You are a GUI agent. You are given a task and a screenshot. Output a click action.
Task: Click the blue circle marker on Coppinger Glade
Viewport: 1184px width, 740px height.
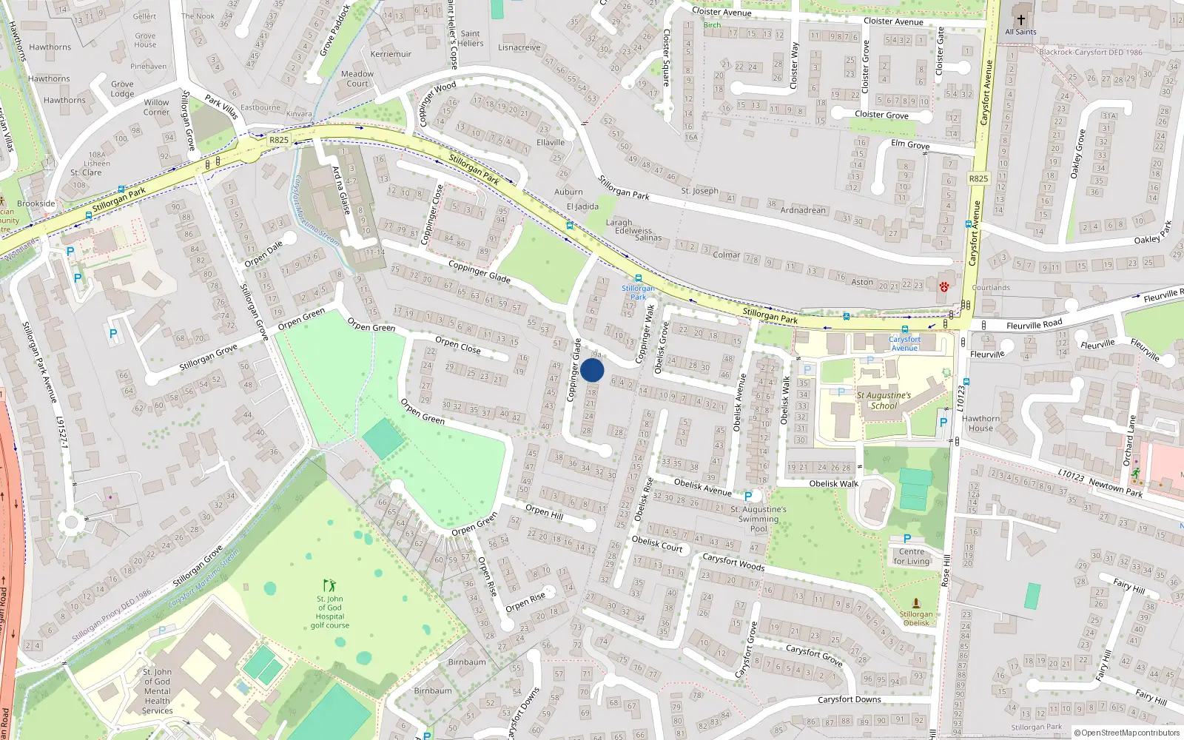click(x=592, y=370)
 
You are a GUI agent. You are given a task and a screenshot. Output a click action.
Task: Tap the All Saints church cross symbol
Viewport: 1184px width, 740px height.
click(x=1020, y=20)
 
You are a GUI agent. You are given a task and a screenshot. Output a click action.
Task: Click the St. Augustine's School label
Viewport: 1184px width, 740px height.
click(x=884, y=400)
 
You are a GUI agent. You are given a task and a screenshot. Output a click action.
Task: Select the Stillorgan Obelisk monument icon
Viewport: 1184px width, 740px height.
click(x=916, y=603)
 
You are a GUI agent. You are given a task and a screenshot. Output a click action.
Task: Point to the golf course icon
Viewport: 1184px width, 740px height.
click(x=329, y=585)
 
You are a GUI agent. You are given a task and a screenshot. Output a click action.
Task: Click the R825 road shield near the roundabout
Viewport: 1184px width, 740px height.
click(x=279, y=140)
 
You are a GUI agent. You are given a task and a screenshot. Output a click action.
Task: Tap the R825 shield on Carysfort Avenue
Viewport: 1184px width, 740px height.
click(x=978, y=178)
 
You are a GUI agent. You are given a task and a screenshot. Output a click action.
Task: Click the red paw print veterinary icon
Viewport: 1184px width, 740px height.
click(x=943, y=286)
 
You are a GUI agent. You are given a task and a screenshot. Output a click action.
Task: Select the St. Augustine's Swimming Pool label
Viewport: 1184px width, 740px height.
click(x=758, y=519)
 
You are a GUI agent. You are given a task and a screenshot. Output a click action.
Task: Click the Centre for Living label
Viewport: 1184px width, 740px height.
click(x=912, y=556)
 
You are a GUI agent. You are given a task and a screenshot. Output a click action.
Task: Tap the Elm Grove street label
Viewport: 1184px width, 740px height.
click(x=910, y=144)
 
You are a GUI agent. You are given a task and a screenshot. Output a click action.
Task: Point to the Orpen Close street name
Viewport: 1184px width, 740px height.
click(x=457, y=345)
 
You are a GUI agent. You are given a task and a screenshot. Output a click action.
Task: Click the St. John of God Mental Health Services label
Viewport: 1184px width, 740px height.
click(x=157, y=691)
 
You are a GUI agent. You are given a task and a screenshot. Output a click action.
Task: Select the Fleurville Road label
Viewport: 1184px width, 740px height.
click(x=1034, y=325)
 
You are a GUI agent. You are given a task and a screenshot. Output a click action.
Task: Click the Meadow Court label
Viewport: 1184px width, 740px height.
click(x=357, y=78)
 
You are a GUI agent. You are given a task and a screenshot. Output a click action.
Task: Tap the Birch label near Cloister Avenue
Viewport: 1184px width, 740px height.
click(x=712, y=25)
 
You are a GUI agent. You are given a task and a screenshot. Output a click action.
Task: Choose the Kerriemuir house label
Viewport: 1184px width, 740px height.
click(x=391, y=54)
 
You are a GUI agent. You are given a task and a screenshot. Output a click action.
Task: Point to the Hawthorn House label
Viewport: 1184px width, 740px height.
click(x=980, y=423)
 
